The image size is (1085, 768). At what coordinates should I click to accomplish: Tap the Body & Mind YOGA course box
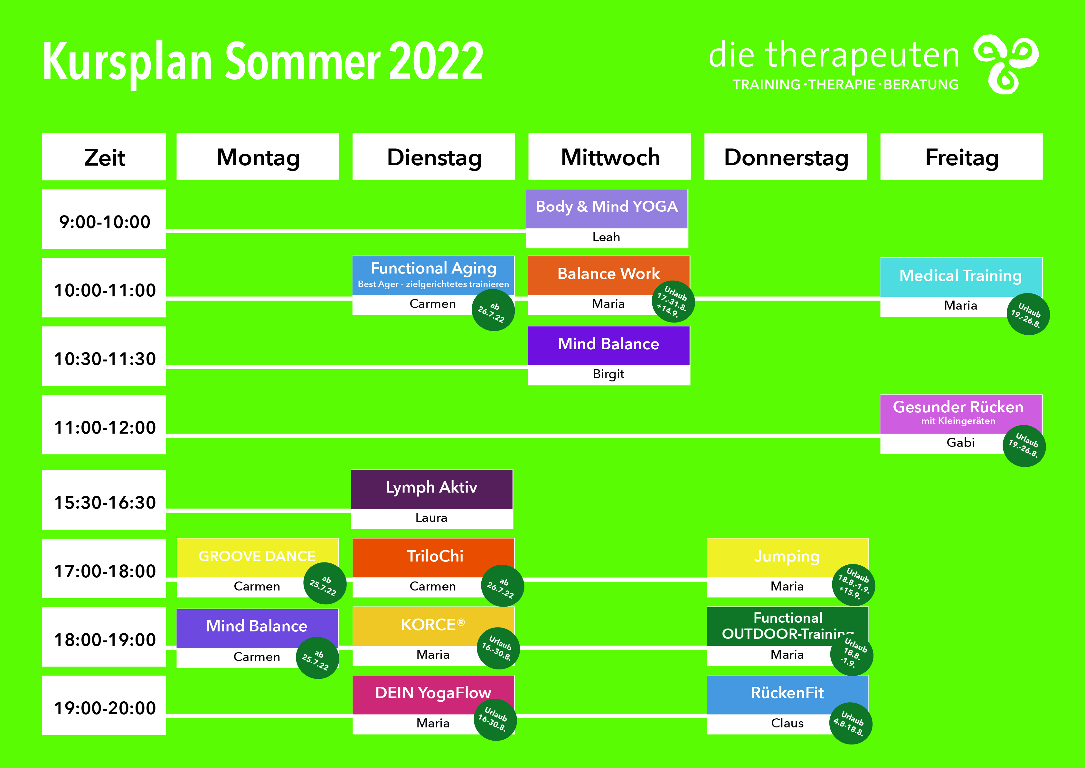(x=607, y=218)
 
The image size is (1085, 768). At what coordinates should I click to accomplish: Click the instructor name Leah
(x=606, y=237)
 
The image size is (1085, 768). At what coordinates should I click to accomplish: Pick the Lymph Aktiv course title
(x=431, y=487)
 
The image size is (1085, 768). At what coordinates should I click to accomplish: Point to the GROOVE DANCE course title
(x=257, y=556)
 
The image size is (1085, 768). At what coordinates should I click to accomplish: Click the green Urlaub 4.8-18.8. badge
(x=851, y=724)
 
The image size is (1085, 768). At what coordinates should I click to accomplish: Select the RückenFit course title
(x=787, y=693)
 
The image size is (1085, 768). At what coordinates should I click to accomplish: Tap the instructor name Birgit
(x=608, y=374)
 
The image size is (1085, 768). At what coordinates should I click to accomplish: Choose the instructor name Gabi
(x=960, y=442)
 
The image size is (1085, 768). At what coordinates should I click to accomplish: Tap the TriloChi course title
(x=435, y=556)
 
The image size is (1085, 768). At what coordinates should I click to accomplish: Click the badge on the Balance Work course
(x=673, y=301)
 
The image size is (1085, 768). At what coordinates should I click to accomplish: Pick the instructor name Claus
(x=787, y=723)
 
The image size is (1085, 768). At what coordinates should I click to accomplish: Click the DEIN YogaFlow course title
(x=433, y=693)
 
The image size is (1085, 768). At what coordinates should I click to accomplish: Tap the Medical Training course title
(x=960, y=276)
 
